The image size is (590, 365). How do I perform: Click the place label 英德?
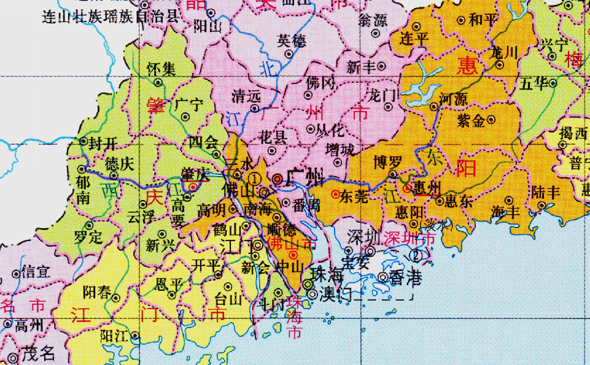pos(291,40)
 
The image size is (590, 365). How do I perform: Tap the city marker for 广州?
pos(278,179)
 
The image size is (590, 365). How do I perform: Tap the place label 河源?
pos(454,99)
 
